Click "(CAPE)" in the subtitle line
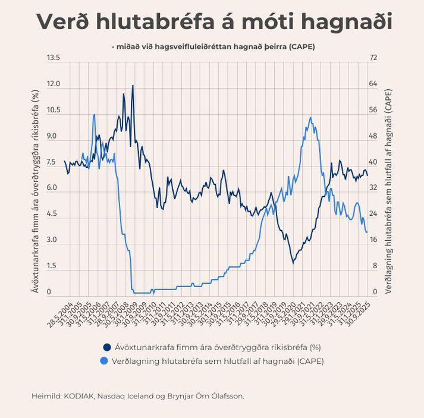[299, 46]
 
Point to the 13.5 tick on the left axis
[54, 58]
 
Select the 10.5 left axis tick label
[54, 110]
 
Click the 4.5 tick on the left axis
[54, 214]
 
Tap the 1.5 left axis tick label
[54, 266]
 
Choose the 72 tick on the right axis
[373, 58]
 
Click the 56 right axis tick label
[373, 110]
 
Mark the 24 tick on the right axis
[373, 214]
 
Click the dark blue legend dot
[107, 347]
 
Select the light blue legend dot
[107, 360]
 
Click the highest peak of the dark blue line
[133, 86]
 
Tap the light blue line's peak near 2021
[310, 118]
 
